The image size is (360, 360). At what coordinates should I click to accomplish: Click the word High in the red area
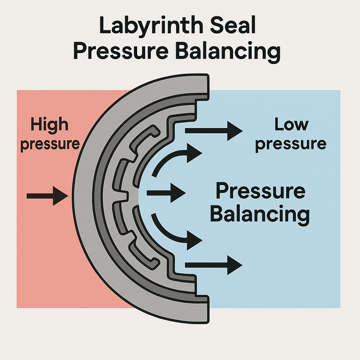(49, 125)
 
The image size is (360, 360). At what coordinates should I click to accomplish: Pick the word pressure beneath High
(50, 144)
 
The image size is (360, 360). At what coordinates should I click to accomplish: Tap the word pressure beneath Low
(291, 144)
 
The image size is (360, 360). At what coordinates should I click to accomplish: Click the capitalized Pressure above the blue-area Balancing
(260, 192)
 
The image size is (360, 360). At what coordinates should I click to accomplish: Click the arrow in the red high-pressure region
(47, 195)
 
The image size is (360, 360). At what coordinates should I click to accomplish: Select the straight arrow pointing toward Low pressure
(213, 131)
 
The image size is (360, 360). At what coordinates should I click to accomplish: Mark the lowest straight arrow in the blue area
(213, 264)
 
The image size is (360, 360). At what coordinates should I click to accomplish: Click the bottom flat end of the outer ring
(202, 309)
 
